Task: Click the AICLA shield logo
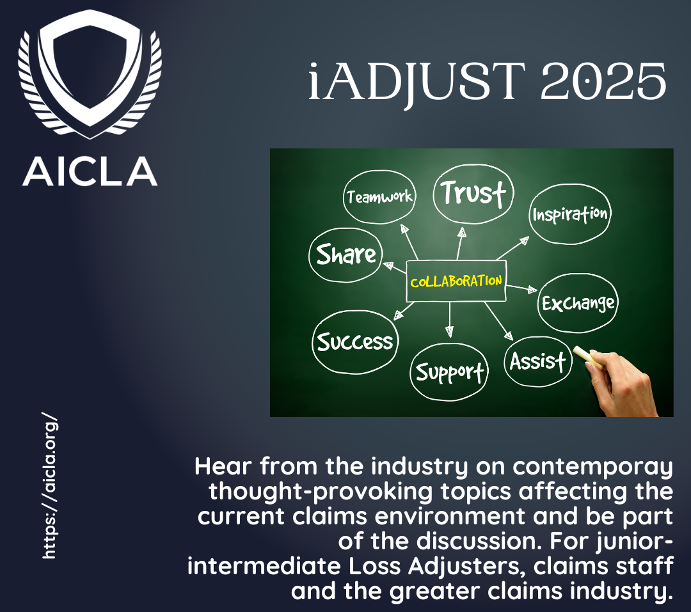pyautogui.click(x=90, y=74)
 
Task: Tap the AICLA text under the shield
pyautogui.click(x=90, y=171)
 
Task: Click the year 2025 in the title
pyautogui.click(x=603, y=81)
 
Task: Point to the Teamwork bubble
pyautogui.click(x=379, y=196)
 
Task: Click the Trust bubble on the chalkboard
pyautogui.click(x=473, y=193)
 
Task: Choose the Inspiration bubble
pyautogui.click(x=570, y=214)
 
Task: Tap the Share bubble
pyautogui.click(x=346, y=255)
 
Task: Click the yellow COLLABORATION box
pyautogui.click(x=456, y=281)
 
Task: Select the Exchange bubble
pyautogui.click(x=578, y=303)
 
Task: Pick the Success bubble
pyautogui.click(x=355, y=342)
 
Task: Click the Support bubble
pyautogui.click(x=449, y=372)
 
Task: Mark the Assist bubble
pyautogui.click(x=537, y=362)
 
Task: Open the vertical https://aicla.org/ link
pyautogui.click(x=50, y=485)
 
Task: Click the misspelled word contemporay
pyautogui.click(x=592, y=467)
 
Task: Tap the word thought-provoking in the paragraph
pyautogui.click(x=321, y=492)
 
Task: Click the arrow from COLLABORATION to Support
pyautogui.click(x=450, y=320)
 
